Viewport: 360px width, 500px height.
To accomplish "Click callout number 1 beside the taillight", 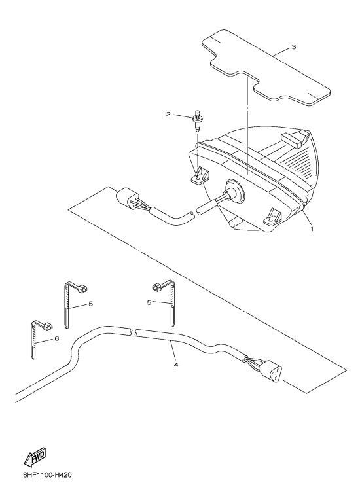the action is (x=312, y=228).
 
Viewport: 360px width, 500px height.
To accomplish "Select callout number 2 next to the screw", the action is (x=168, y=114).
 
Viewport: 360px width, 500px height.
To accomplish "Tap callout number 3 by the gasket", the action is (x=294, y=47).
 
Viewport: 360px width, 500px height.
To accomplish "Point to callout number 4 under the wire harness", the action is (x=175, y=365).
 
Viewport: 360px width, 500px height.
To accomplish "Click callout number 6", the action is (x=57, y=338).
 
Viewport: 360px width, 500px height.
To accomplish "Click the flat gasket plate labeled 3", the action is (x=266, y=67).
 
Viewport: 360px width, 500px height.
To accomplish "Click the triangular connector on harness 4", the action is (x=270, y=371).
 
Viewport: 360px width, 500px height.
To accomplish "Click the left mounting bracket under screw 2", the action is (x=200, y=176).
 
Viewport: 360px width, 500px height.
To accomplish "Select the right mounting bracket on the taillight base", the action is (x=272, y=216).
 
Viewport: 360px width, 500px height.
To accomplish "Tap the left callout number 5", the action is (x=91, y=304).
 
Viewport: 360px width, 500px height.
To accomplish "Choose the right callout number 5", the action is (x=149, y=302).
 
